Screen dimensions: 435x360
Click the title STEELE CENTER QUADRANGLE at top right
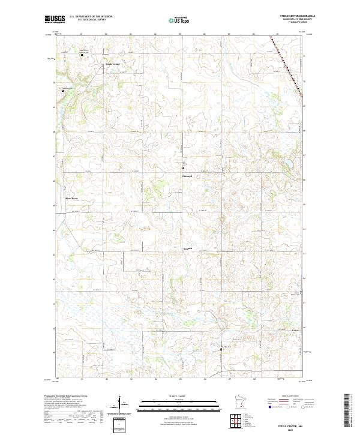click(298, 16)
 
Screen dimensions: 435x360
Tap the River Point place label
click(72, 197)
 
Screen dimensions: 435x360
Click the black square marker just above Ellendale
click(183, 169)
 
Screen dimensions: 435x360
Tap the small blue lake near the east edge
click(289, 163)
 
